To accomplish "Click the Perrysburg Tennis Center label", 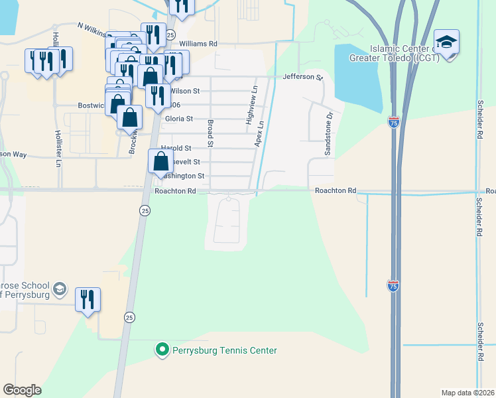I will coord(224,350).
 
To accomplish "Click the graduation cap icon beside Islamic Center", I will coord(447,42).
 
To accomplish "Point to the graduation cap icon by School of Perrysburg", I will coord(59,289).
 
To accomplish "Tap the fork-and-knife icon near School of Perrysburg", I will coord(88,299).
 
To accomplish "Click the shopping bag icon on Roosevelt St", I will coord(161,161).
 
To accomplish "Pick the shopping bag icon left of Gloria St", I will coord(131,117).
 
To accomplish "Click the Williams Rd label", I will coord(198,44).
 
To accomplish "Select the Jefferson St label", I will coord(302,77).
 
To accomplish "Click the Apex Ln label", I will coord(260,133).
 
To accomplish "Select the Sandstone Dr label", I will coord(328,133).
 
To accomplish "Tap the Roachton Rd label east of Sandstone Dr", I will coord(335,190).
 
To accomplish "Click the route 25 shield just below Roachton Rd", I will coord(145,210).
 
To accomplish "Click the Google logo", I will coord(22,389).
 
